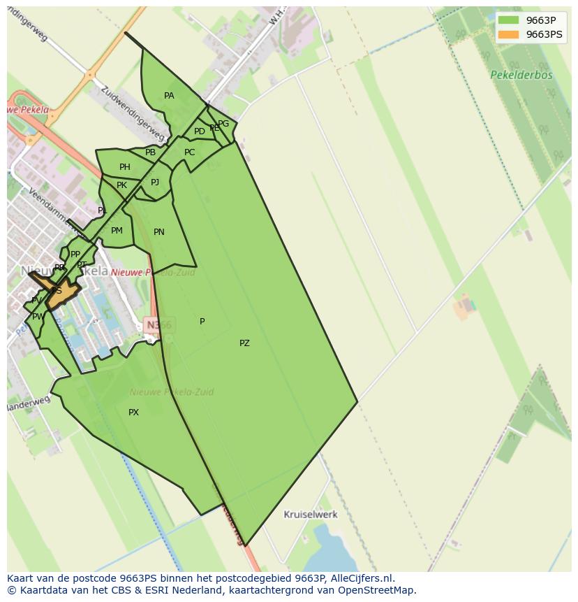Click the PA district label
(x=169, y=96)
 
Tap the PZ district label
(x=244, y=343)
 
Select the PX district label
(x=133, y=413)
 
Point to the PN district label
(x=159, y=232)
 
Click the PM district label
(x=117, y=231)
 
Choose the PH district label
(x=125, y=167)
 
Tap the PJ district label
(x=155, y=182)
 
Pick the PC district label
(x=190, y=152)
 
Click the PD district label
(x=200, y=131)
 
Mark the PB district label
(x=150, y=152)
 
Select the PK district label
(x=121, y=185)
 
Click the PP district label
(x=75, y=255)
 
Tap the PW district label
(x=38, y=317)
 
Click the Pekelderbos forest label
(x=521, y=75)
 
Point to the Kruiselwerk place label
(x=311, y=515)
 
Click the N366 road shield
(x=158, y=324)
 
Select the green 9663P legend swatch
(x=509, y=20)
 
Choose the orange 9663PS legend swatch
(x=509, y=34)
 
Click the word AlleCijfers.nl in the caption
(x=361, y=578)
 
